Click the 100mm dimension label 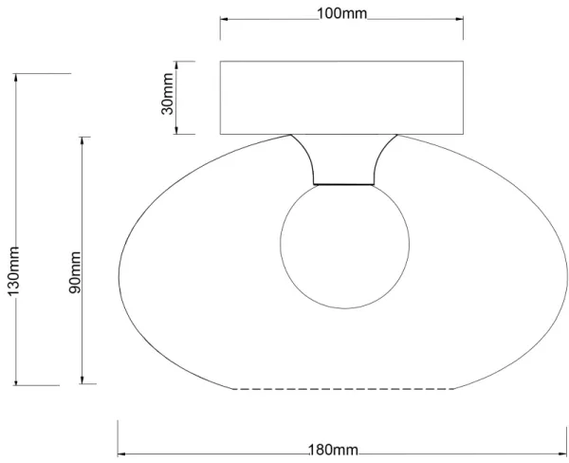(342, 13)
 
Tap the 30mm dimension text (167, 94)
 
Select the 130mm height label (13, 271)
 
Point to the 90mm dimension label (76, 272)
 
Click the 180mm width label (333, 451)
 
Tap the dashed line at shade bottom (343, 389)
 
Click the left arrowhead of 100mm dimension (224, 19)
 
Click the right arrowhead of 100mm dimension (460, 19)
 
